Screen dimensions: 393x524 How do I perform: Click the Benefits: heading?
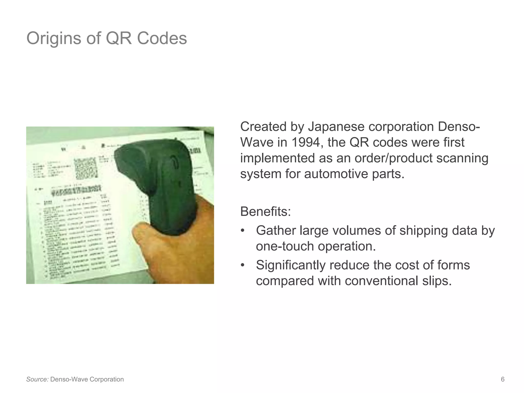(x=266, y=212)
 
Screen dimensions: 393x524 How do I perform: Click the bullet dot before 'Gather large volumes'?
(x=243, y=231)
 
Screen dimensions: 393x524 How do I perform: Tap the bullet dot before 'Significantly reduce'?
(x=243, y=265)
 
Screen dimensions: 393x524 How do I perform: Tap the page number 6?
(x=503, y=379)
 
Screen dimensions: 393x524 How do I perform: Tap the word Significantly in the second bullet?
(x=290, y=265)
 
